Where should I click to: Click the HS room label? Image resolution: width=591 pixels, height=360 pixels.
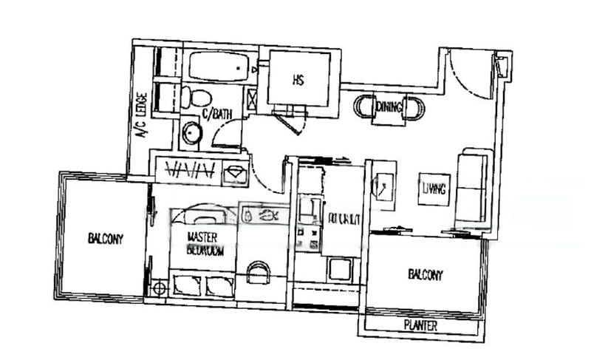pyautogui.click(x=298, y=80)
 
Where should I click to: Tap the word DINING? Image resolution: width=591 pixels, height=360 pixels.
pyautogui.click(x=389, y=108)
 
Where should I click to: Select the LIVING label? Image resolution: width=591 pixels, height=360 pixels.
pyautogui.click(x=434, y=189)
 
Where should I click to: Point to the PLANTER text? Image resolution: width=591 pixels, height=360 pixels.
pyautogui.click(x=421, y=326)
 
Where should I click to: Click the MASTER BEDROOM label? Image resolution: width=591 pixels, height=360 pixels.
pyautogui.click(x=205, y=243)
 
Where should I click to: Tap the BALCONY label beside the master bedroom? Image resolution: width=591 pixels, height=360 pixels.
pyautogui.click(x=105, y=239)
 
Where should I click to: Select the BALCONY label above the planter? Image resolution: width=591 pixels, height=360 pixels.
pyautogui.click(x=425, y=276)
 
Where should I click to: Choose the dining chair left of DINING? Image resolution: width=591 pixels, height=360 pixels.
pyautogui.click(x=363, y=108)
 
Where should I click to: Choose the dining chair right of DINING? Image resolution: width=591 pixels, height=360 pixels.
pyautogui.click(x=416, y=109)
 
